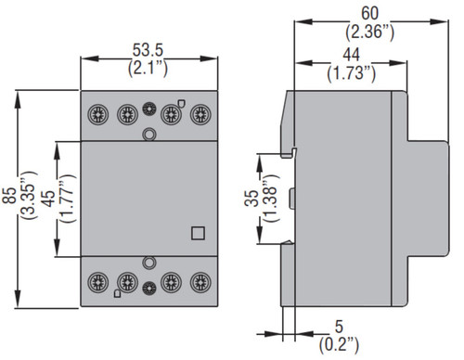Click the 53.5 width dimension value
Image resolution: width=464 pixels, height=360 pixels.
click(x=148, y=50)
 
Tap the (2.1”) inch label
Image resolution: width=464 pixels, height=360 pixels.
click(x=148, y=68)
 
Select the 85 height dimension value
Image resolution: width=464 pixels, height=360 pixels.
click(x=9, y=196)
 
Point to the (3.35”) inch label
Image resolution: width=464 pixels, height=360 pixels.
click(x=29, y=195)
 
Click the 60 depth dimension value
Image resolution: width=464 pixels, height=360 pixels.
click(x=370, y=14)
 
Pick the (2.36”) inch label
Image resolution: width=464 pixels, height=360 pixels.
click(x=370, y=32)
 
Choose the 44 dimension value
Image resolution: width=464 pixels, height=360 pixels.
click(x=351, y=55)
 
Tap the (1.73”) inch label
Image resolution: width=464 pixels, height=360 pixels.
click(x=352, y=73)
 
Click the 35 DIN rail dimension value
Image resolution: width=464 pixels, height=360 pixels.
click(x=251, y=199)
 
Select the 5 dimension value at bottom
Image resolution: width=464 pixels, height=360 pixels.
click(x=340, y=327)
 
